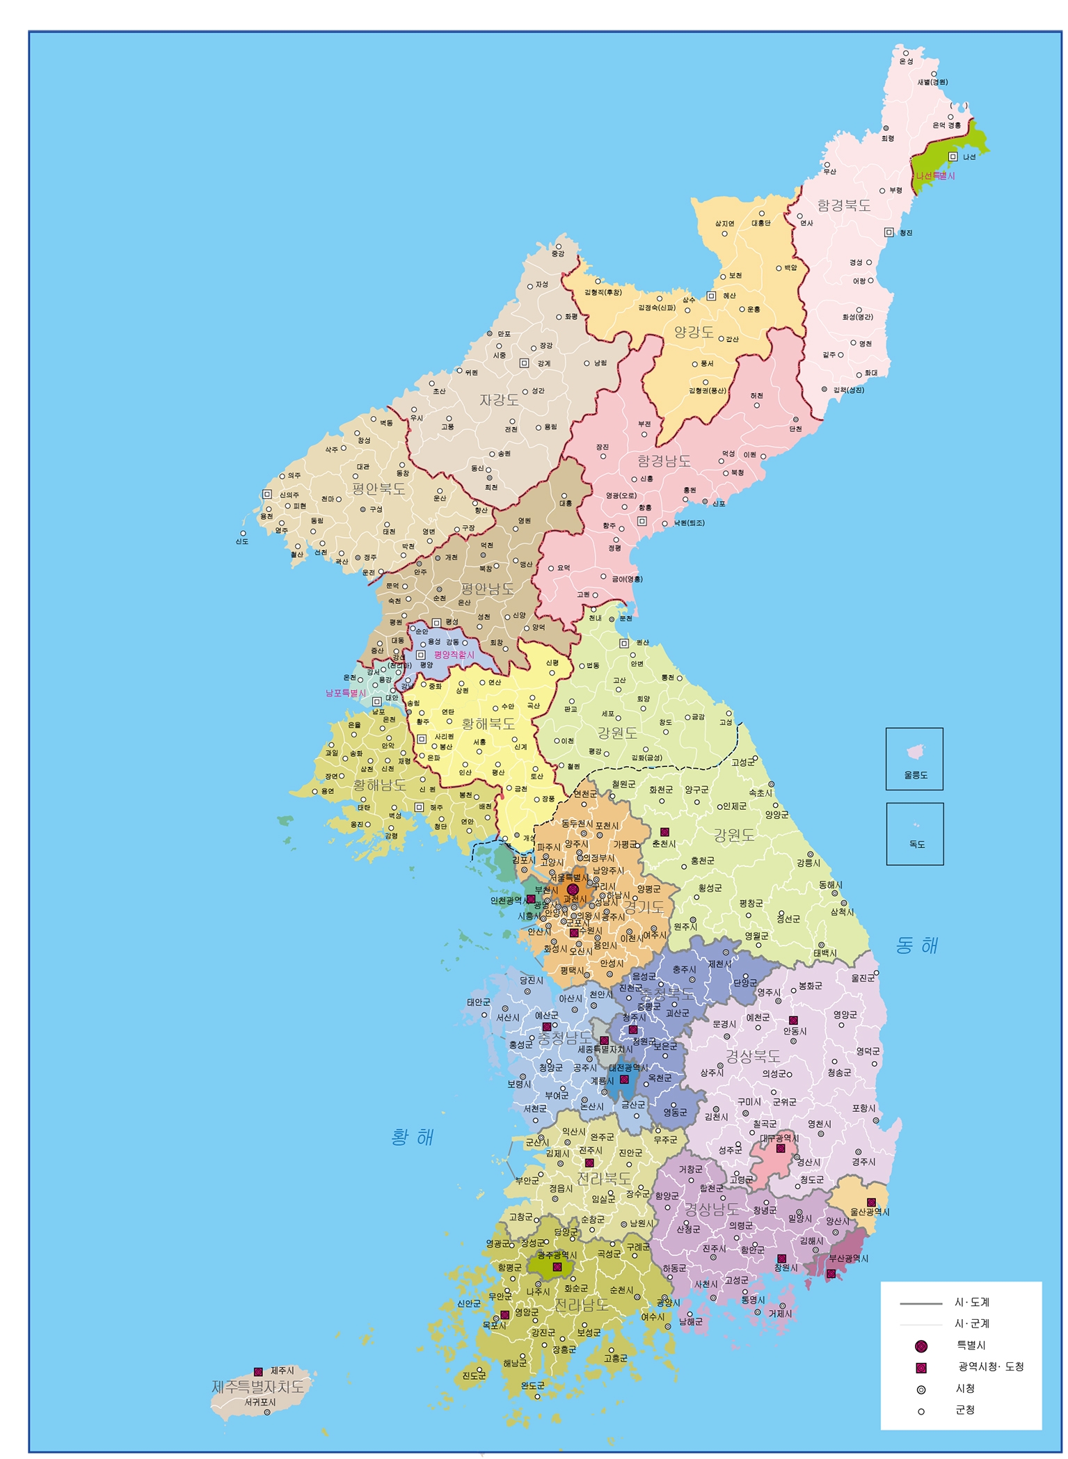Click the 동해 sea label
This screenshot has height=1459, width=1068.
point(917,945)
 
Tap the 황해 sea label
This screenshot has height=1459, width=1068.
point(413,1137)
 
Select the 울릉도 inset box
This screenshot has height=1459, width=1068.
point(914,758)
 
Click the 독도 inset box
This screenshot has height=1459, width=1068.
point(915,834)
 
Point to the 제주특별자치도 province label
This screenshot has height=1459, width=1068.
point(258,1386)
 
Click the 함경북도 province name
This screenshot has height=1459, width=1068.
point(844,205)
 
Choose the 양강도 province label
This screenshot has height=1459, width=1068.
point(694,332)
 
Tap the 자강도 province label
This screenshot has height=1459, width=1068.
point(499,400)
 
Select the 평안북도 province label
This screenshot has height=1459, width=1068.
point(378,488)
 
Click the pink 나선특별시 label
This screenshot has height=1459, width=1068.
point(935,176)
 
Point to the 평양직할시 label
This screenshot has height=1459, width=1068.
point(454,655)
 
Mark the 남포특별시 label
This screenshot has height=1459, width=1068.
point(346,693)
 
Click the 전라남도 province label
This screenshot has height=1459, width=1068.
point(582,1305)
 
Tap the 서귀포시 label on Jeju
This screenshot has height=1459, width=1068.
point(260,1402)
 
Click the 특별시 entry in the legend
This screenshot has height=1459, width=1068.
point(971,1345)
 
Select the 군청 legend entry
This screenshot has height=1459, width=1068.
point(964,1410)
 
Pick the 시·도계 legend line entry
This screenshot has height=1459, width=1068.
point(971,1302)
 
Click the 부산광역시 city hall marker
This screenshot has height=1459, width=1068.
point(831,1273)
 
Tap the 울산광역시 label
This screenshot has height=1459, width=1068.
point(870,1211)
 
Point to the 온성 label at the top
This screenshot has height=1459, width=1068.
point(906,61)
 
